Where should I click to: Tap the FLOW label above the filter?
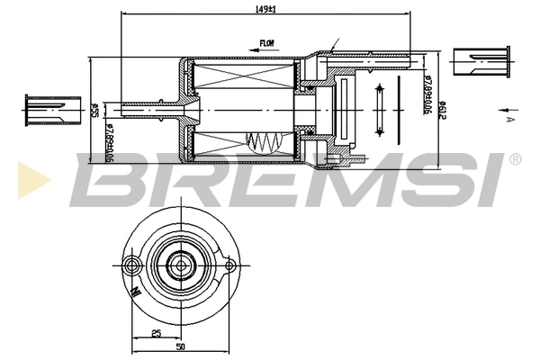[x=266, y=42]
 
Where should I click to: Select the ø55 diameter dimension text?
[x=94, y=111]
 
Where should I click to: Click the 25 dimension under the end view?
[x=157, y=334]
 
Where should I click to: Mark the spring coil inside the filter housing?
[x=264, y=142]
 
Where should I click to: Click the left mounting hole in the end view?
[x=133, y=265]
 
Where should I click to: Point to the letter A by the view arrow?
[x=509, y=119]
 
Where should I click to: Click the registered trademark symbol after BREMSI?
[x=514, y=159]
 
